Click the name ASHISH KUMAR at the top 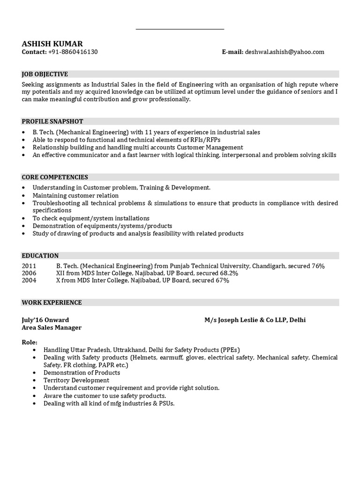pos(52,44)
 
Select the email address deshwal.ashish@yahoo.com pos(285,52)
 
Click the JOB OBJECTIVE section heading pos(45,74)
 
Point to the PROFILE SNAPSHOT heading pos(52,121)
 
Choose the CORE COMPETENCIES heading pos(55,177)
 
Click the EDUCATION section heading pos(40,255)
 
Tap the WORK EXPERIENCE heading pos(52,302)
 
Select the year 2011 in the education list pos(29,266)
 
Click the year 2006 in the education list pos(29,273)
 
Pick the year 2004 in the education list pos(29,280)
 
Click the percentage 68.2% pos(229,273)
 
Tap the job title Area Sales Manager pos(52,328)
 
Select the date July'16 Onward pos(45,320)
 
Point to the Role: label pos(30,342)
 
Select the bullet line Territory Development pos(76,380)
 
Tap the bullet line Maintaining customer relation pos(75,195)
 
